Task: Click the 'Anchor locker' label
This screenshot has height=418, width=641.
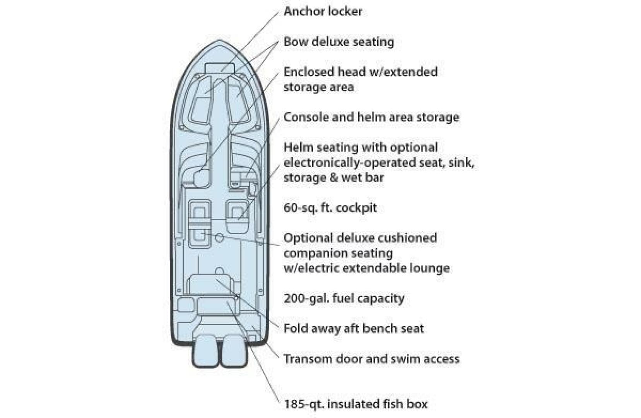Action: tap(323, 12)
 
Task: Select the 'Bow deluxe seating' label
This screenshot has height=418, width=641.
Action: tap(339, 42)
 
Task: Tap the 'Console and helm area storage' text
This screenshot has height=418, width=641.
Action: tap(371, 117)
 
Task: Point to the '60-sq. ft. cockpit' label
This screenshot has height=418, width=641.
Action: tap(330, 207)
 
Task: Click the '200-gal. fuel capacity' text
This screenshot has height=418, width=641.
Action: tap(344, 298)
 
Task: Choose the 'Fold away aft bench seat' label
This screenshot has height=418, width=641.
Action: tap(354, 328)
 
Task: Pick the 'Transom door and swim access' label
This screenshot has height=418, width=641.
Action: tap(371, 359)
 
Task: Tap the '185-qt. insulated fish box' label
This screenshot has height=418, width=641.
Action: tap(356, 404)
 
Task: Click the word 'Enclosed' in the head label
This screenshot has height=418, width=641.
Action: tap(308, 72)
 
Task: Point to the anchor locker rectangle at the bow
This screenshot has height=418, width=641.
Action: tap(220, 68)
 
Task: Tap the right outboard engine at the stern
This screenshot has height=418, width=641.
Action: tap(234, 350)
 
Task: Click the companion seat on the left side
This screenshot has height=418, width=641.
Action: tap(200, 224)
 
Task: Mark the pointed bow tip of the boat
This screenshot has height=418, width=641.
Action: tap(219, 40)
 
